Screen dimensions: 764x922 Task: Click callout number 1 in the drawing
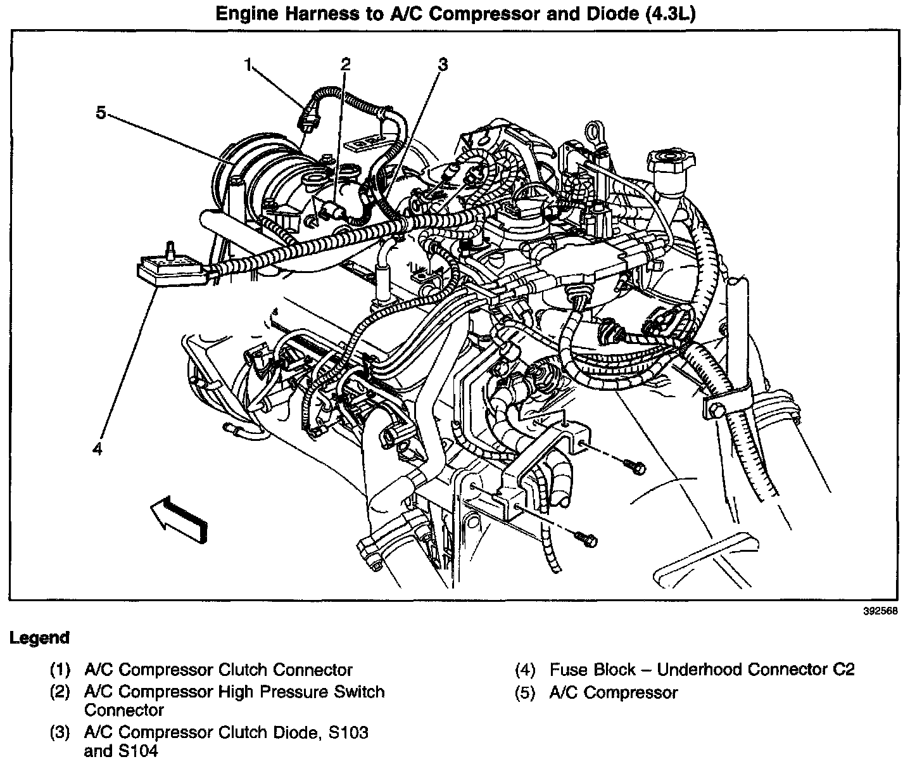coord(249,63)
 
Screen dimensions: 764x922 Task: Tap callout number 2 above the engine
coord(345,63)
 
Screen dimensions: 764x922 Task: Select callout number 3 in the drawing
coord(443,65)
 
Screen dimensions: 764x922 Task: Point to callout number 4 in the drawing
coord(97,449)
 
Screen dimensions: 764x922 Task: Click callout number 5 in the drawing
coord(101,113)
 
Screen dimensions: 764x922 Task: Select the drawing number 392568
coord(881,612)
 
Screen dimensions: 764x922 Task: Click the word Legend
coord(39,638)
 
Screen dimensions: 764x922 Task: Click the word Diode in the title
coord(610,14)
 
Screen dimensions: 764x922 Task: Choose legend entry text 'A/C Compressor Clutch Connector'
coord(218,669)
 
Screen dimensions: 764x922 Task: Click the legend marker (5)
coord(525,692)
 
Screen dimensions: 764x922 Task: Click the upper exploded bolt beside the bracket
coord(635,466)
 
